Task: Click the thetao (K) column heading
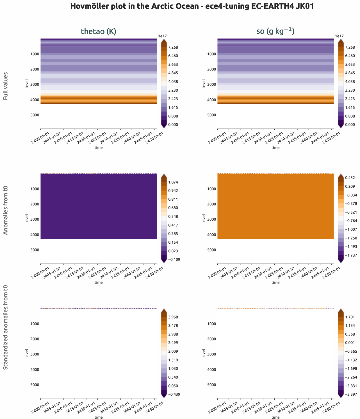coord(99,31)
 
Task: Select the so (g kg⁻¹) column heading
coord(275,31)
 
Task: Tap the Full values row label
coord(6,86)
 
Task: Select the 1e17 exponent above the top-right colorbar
coord(340,36)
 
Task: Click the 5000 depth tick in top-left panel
coord(35,115)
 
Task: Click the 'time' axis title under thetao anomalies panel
coord(99,282)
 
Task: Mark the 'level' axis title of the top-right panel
coord(204,83)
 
